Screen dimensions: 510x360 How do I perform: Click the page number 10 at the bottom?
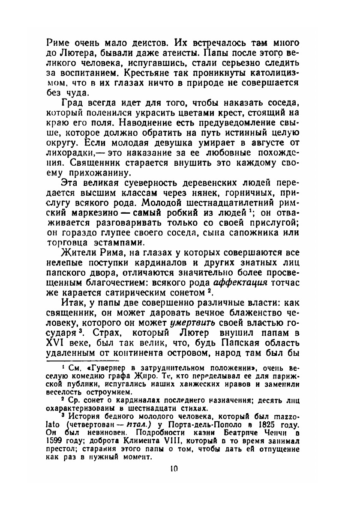coord(174,469)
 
